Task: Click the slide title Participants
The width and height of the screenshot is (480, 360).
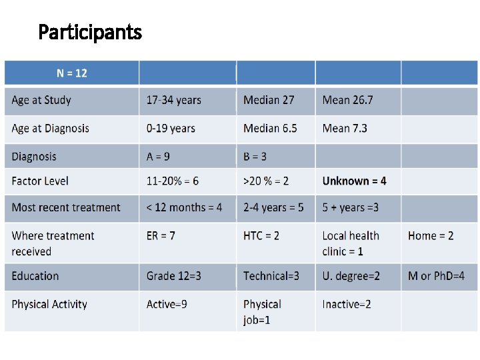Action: click(90, 31)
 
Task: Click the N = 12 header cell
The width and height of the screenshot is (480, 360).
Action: click(71, 73)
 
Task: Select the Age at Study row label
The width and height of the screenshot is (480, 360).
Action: click(41, 100)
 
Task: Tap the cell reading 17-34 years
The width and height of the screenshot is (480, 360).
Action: click(173, 100)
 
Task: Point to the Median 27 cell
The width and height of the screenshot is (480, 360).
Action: click(269, 100)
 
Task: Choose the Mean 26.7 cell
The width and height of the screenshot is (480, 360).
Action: click(347, 100)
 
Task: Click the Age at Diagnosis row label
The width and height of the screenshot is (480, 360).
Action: click(50, 128)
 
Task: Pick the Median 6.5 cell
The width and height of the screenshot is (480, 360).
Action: click(270, 128)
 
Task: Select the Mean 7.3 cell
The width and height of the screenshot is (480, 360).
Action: click(345, 128)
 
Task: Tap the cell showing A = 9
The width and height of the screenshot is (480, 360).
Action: click(158, 157)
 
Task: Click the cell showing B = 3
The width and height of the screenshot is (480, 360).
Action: click(255, 157)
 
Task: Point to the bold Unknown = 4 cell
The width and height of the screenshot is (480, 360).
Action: click(354, 181)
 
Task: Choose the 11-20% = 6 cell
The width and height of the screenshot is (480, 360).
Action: click(173, 181)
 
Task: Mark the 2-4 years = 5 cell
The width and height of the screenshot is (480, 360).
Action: click(273, 207)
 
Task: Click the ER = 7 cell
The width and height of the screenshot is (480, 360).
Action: click(161, 235)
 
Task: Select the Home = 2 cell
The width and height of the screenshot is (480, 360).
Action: click(431, 235)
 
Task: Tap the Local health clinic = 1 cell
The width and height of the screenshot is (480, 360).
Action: click(351, 243)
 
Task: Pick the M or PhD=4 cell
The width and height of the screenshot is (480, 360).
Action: click(436, 276)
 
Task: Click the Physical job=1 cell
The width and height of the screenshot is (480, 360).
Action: click(262, 312)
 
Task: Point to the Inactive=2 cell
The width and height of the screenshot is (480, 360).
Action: click(347, 304)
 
